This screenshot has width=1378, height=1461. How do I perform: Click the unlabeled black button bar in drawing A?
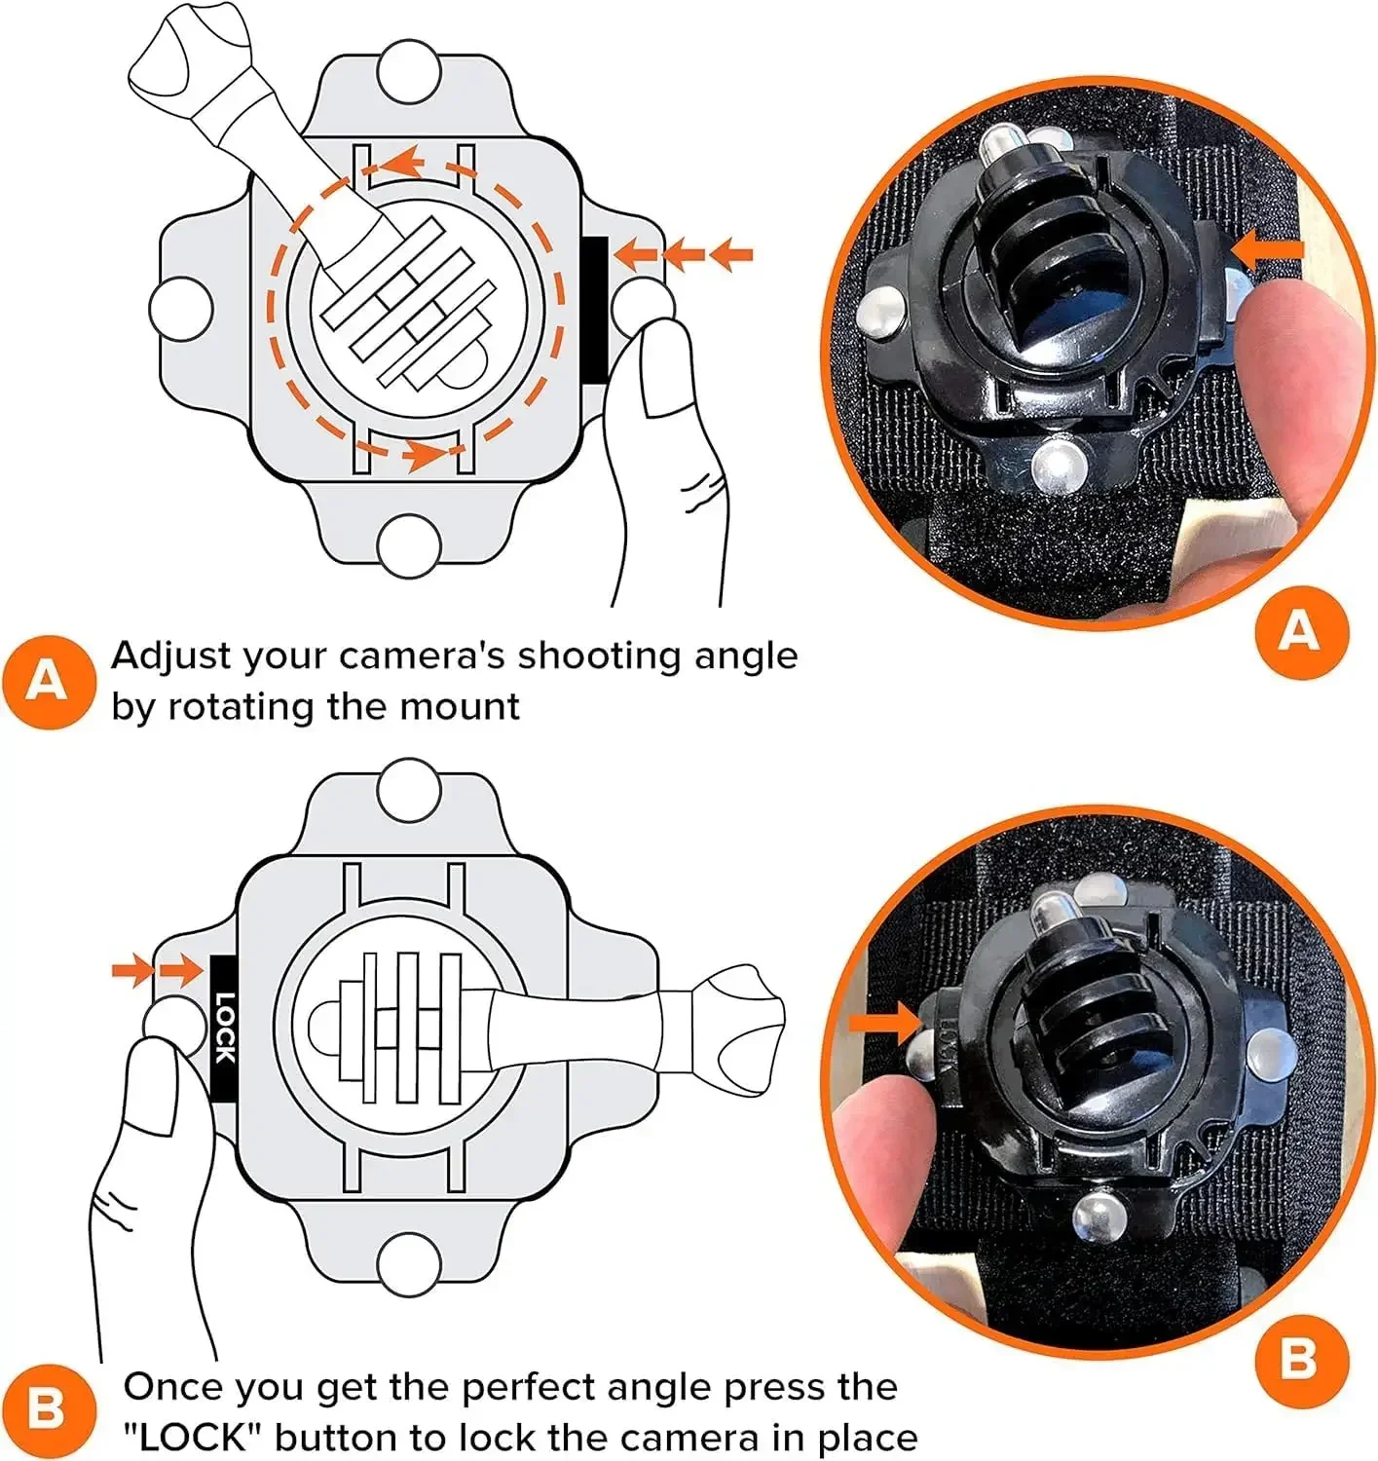pyautogui.click(x=594, y=308)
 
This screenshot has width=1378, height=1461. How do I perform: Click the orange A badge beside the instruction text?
pyautogui.click(x=47, y=682)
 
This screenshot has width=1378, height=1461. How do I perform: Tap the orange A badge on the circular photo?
pyautogui.click(x=1300, y=632)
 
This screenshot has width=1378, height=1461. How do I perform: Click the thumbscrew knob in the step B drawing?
pyautogui.click(x=746, y=1028)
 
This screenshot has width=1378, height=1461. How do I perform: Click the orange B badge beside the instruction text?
pyautogui.click(x=47, y=1410)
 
